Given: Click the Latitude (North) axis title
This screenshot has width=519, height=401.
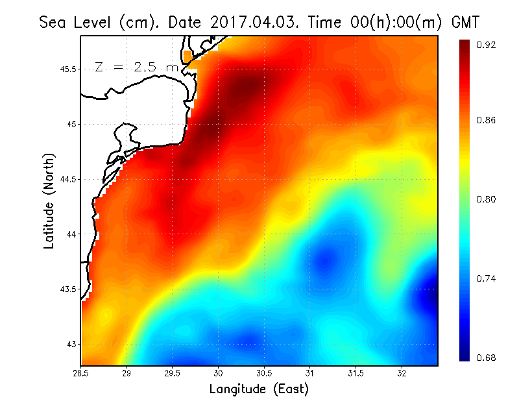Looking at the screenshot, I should [49, 200].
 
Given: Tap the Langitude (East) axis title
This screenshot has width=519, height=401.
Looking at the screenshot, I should [259, 389].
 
